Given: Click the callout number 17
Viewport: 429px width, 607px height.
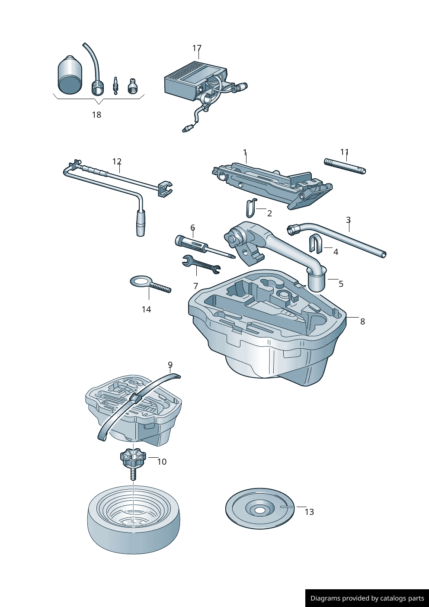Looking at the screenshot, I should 197,48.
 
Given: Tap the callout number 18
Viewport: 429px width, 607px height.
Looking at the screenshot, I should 96,115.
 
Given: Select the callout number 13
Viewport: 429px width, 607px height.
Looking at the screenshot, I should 309,512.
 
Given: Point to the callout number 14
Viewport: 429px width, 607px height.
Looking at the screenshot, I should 146,309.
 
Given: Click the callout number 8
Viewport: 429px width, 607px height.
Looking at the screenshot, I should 362,321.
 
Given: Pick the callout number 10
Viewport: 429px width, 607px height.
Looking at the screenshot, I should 162,462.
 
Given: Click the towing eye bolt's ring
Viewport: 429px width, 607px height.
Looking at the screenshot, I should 140,282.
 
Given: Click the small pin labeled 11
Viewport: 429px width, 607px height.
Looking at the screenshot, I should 345,166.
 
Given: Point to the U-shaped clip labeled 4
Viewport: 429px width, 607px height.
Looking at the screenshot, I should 315,245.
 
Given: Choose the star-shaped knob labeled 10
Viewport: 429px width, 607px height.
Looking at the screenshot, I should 133,458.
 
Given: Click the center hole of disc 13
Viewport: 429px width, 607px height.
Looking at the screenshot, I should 259,511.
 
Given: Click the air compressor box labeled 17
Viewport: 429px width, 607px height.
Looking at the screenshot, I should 190,80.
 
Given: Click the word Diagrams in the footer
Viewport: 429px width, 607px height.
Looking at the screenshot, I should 325,598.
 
